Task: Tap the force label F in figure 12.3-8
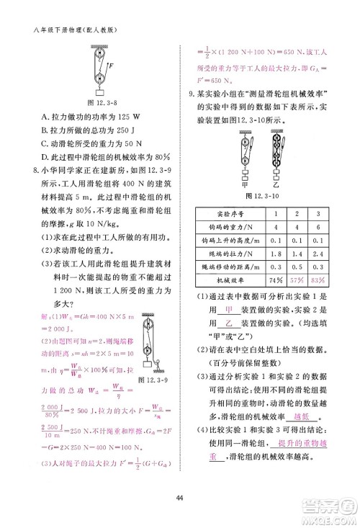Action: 109,65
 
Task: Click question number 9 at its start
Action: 189,94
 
